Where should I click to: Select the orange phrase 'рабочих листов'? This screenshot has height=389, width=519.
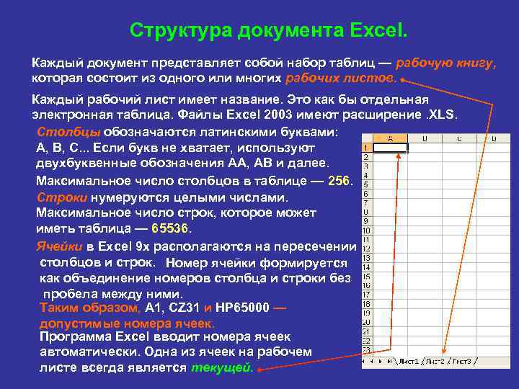coord(341,77)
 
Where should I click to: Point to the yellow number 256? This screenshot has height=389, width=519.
coord(338,180)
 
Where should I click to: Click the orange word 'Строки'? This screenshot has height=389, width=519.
coord(61,197)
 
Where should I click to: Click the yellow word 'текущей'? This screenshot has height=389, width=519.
coord(222,367)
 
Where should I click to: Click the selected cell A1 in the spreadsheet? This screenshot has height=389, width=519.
coord(390,146)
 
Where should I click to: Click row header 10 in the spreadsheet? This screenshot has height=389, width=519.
coord(365,231)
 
